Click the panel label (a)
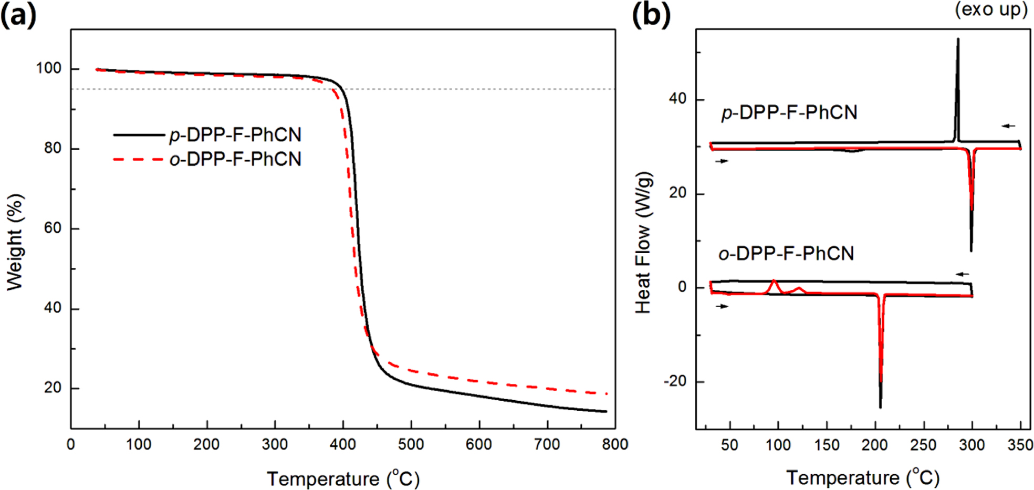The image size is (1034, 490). point(18,15)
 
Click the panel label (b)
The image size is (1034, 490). point(651,15)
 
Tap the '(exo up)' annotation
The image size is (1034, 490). point(990,9)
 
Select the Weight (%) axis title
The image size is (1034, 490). point(16,242)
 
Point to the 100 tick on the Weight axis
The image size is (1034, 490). point(48,68)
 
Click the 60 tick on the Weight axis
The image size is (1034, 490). point(53,228)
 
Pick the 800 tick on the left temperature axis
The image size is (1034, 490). point(615,445)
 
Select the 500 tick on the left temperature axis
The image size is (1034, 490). point(411,445)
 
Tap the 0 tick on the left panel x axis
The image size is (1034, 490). point(71,445)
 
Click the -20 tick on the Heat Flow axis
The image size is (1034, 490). point(675,381)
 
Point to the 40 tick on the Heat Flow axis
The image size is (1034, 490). point(678,99)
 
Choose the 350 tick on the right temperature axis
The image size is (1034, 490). point(1020,445)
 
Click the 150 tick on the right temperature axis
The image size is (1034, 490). point(827,445)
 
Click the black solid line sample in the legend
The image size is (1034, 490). point(139,135)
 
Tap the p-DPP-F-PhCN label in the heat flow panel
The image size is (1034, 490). point(789,112)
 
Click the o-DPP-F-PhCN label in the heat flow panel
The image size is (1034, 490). point(786,254)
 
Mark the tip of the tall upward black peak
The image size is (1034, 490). point(958,39)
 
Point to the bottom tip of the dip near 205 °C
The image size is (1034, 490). point(881,407)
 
